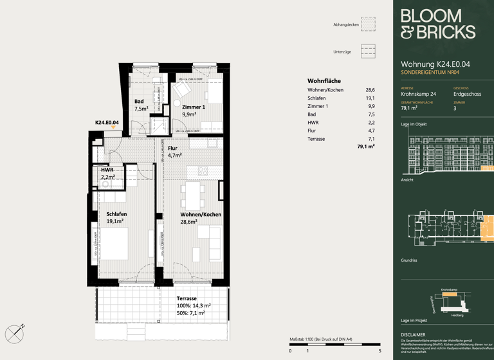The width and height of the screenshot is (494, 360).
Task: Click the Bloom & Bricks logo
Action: coord(437,25)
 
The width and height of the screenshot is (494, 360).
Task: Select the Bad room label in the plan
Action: coord(139,102)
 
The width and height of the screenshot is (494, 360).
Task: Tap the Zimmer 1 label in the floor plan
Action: coord(193,107)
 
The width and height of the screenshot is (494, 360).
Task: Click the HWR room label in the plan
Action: coord(107,170)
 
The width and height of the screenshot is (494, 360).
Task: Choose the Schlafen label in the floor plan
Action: coord(116,214)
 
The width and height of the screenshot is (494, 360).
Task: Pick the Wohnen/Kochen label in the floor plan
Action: coord(201,214)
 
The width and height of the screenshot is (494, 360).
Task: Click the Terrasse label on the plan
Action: coord(187,298)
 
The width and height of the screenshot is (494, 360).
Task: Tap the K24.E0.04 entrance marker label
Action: coord(107,122)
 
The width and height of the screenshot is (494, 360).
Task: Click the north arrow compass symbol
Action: coord(15,334)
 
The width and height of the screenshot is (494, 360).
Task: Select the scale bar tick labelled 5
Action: coord(380,351)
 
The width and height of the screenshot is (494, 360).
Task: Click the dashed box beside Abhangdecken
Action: coord(368,24)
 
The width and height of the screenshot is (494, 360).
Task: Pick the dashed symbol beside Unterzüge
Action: coord(368,51)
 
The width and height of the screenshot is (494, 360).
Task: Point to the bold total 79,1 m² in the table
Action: coord(365,147)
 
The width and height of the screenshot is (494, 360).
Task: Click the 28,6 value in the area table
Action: coord(370,90)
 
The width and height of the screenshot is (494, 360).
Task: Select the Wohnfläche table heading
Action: coord(324,80)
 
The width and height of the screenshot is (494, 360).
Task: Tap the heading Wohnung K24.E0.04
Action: coord(435,64)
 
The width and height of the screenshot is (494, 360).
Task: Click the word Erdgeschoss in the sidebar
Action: coord(467,94)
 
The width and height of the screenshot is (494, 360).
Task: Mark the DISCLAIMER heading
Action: coord(413,335)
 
